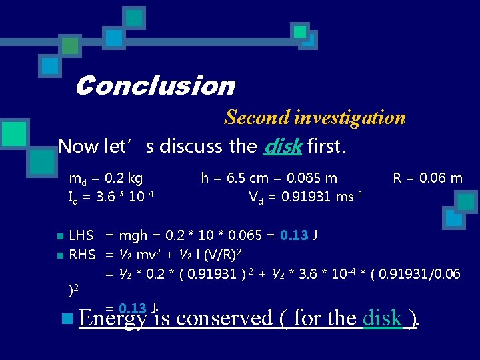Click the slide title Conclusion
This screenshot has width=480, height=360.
(x=155, y=86)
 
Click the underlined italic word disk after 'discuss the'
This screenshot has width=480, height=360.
(x=283, y=146)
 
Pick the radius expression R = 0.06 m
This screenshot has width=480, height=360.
(x=427, y=178)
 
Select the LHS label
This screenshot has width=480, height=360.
(x=81, y=235)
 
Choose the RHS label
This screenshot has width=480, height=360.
(x=83, y=254)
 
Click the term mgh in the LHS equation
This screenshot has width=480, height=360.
(x=134, y=235)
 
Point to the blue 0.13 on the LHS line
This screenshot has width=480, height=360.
(x=294, y=235)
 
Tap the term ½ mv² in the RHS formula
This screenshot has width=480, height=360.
(x=145, y=254)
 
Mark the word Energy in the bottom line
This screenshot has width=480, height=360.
(x=111, y=319)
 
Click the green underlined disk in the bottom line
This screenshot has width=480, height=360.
(x=383, y=319)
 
